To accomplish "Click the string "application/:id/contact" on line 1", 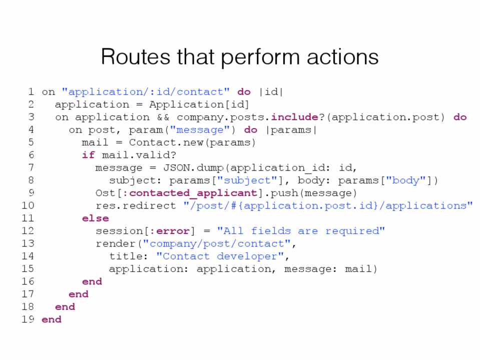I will point(146,92).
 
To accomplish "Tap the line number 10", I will point(28,205).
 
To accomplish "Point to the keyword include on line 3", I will point(294,117).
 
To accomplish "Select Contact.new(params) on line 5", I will point(192,142).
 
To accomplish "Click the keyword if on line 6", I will point(89,155).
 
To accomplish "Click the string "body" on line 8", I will point(405,180).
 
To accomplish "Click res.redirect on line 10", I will point(136,205).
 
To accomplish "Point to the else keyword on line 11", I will point(95,218).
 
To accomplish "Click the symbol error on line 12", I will point(173,231).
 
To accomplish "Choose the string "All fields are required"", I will point(301,231).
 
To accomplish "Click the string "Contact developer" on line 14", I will point(220,256).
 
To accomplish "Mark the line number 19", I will point(28,319).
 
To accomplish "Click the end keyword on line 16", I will point(92,281).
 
